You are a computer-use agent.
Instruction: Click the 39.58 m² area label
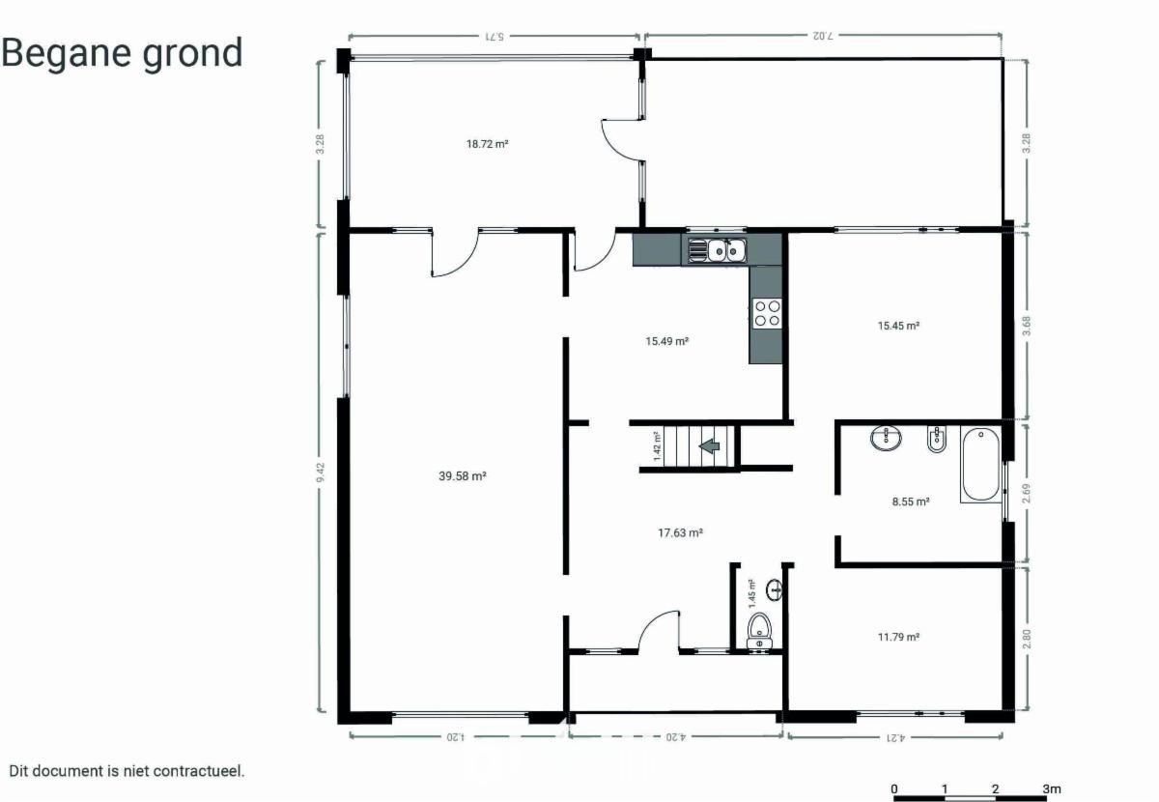pyautogui.click(x=462, y=475)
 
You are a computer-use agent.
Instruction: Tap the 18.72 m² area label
pyautogui.click(x=487, y=144)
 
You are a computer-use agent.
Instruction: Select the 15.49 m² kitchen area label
pyautogui.click(x=666, y=341)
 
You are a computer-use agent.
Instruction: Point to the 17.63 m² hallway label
pyautogui.click(x=680, y=532)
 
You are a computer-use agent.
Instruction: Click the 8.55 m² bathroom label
pyautogui.click(x=911, y=501)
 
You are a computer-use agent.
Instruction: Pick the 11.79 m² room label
pyautogui.click(x=898, y=637)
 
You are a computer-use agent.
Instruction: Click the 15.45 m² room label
pyautogui.click(x=898, y=326)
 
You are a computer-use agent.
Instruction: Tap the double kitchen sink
pyautogui.click(x=717, y=250)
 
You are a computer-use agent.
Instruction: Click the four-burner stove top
pyautogui.click(x=767, y=313)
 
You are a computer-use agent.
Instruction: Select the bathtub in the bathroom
pyautogui.click(x=981, y=464)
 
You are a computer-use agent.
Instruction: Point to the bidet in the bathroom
pyautogui.click(x=936, y=439)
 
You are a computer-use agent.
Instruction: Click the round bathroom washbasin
pyautogui.click(x=886, y=438)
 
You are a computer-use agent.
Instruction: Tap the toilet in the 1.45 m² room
pyautogui.click(x=759, y=631)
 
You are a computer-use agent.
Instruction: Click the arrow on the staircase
pyautogui.click(x=709, y=445)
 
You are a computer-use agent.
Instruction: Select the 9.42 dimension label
pyautogui.click(x=321, y=473)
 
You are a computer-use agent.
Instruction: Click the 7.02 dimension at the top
pyautogui.click(x=823, y=36)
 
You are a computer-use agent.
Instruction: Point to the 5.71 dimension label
pyautogui.click(x=495, y=37)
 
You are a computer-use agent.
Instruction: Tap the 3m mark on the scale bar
pyautogui.click(x=1052, y=788)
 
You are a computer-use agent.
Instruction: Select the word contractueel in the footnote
pyautogui.click(x=199, y=771)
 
